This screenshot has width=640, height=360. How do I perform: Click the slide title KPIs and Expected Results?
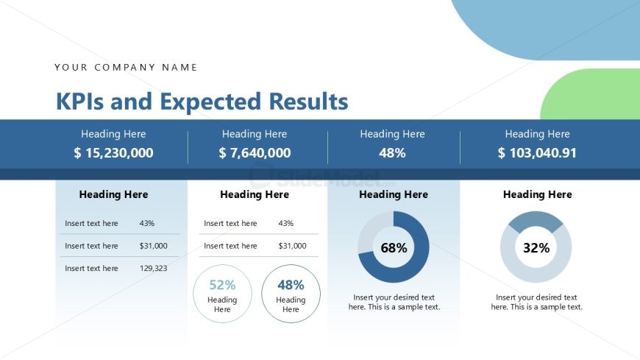click(x=202, y=102)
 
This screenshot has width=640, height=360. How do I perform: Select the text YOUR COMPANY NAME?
click(x=126, y=67)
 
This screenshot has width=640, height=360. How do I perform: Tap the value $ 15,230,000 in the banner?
click(x=113, y=153)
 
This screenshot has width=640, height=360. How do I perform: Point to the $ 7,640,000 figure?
click(x=255, y=153)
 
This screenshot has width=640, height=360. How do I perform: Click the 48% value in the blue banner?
click(x=392, y=153)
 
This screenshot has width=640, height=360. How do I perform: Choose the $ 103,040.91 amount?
click(x=537, y=153)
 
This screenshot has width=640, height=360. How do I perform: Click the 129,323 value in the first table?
click(x=153, y=268)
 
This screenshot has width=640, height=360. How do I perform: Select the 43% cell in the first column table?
click(x=146, y=223)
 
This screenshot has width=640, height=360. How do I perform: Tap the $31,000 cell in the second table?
click(x=292, y=246)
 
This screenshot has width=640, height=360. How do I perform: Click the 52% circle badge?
click(x=222, y=294)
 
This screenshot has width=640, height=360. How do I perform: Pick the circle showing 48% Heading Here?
click(x=291, y=294)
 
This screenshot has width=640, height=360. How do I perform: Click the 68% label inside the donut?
click(x=394, y=248)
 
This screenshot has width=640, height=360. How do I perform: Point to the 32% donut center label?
click(x=536, y=248)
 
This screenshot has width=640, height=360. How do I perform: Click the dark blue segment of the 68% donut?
click(x=419, y=254)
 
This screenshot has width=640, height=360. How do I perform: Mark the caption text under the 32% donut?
click(x=536, y=302)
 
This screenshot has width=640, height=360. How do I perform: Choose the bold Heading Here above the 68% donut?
click(x=394, y=194)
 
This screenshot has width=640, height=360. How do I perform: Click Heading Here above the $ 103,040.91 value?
click(x=537, y=134)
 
